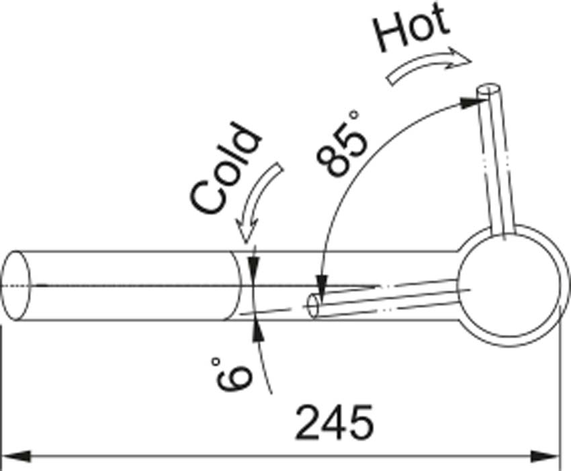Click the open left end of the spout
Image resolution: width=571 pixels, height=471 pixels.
pyautogui.click(x=17, y=285)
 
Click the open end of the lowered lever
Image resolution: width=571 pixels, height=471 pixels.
pyautogui.click(x=314, y=305)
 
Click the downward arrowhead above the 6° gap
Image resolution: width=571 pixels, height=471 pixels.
pyautogui.click(x=253, y=266)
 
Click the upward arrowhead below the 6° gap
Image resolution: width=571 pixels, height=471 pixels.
pyautogui.click(x=255, y=328)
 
